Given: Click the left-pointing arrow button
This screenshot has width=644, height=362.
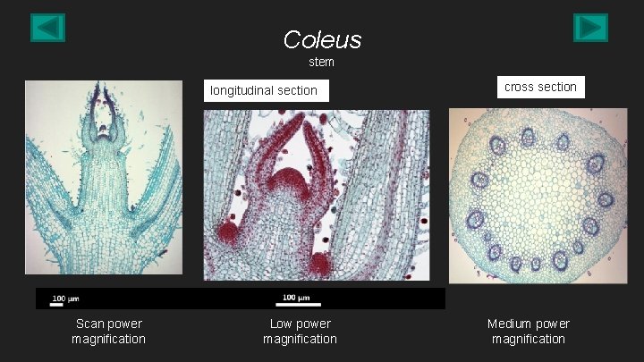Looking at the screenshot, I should [x=48, y=28].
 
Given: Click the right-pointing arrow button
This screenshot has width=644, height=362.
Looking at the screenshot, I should [x=590, y=28].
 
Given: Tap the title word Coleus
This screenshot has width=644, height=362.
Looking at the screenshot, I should [x=322, y=39].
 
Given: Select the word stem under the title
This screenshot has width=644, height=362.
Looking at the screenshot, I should [x=321, y=63].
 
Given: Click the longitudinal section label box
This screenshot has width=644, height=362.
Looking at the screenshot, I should [x=264, y=90].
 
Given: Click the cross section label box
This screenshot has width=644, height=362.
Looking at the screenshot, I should [x=540, y=87].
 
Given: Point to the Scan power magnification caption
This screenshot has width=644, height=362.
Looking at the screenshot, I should [x=108, y=331].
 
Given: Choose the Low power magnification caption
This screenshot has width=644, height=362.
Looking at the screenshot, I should [x=300, y=331].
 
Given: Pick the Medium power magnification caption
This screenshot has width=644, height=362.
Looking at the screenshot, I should [x=528, y=331].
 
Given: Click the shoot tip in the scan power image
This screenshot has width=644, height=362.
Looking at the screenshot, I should [x=104, y=134].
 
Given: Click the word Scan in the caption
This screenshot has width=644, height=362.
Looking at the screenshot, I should [x=90, y=324].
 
